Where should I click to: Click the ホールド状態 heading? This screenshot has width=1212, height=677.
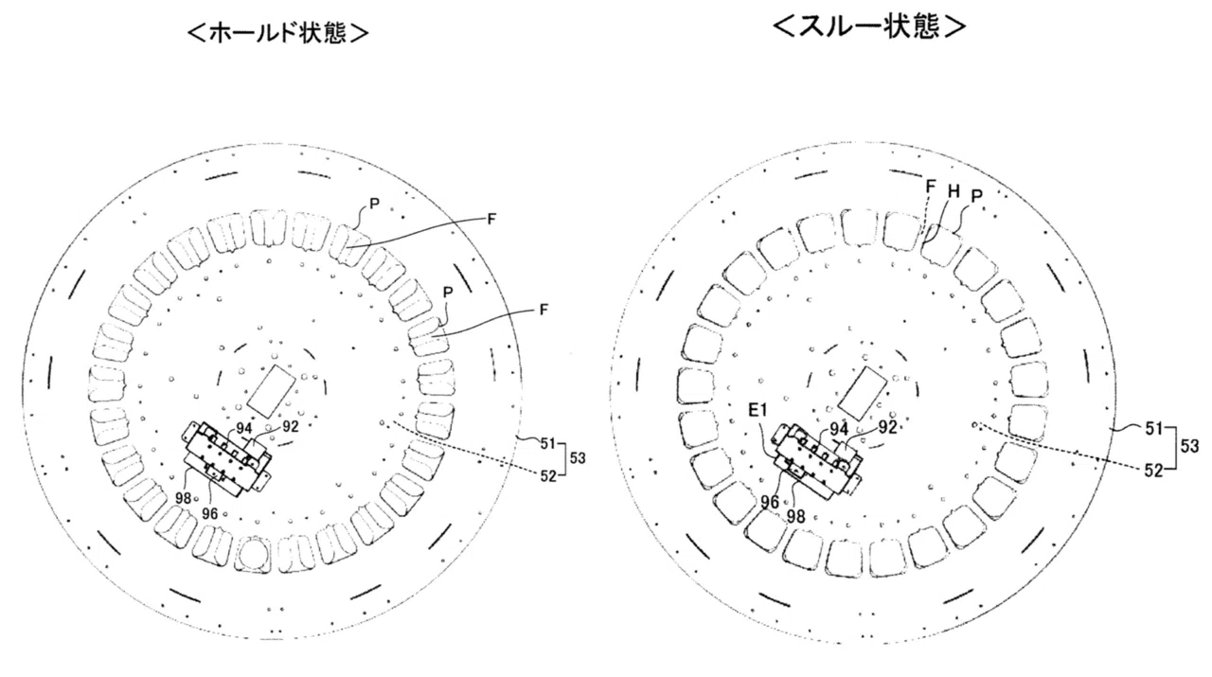coord(277,34)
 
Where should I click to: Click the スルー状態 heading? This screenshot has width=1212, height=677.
coord(869,26)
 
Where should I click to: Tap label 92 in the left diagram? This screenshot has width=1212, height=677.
coord(291,426)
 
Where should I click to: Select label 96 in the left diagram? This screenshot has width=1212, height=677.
coord(209,513)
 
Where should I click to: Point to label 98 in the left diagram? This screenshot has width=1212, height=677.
coord(183,498)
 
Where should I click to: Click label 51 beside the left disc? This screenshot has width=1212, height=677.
coord(548,444)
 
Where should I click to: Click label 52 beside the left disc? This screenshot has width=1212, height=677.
coord(548,475)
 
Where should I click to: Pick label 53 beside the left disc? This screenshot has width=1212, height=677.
coord(578,459)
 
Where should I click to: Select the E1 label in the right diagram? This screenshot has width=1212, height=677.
coord(757,411)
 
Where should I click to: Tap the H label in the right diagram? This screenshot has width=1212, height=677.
coord(954,190)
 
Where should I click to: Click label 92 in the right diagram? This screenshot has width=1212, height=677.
coord(887,428)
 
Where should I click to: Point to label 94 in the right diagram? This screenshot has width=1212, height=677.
coord(840,430)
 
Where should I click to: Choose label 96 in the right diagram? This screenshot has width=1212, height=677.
coord(770,502)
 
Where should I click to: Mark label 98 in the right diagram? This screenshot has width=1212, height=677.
coord(796,517)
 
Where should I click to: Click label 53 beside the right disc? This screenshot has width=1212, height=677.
coord(1188,446)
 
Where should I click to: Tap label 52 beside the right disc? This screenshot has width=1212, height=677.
coord(1154,471)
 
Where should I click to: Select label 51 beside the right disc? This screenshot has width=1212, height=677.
coord(1154,429)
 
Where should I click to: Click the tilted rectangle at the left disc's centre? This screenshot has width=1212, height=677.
coord(272,391)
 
